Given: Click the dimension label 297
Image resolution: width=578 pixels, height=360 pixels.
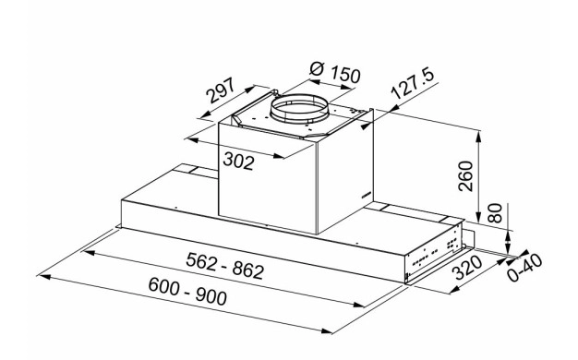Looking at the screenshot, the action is [221, 90].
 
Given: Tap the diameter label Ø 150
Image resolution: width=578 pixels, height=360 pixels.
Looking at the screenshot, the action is [335, 73].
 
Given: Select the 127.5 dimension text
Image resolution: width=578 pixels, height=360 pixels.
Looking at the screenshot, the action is [412, 84].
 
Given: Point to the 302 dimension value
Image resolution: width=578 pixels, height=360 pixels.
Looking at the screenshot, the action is [238, 162].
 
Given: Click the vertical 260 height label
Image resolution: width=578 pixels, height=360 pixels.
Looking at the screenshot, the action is [465, 176].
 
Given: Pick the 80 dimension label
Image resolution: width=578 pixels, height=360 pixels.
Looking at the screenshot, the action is [495, 213].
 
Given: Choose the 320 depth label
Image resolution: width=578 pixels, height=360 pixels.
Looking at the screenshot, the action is [467, 268].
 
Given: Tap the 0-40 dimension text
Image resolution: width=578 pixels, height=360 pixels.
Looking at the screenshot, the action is [524, 268].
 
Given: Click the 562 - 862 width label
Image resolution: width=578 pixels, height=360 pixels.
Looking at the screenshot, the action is [225, 266].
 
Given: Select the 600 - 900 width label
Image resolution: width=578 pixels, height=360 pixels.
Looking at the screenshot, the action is [187, 292].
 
